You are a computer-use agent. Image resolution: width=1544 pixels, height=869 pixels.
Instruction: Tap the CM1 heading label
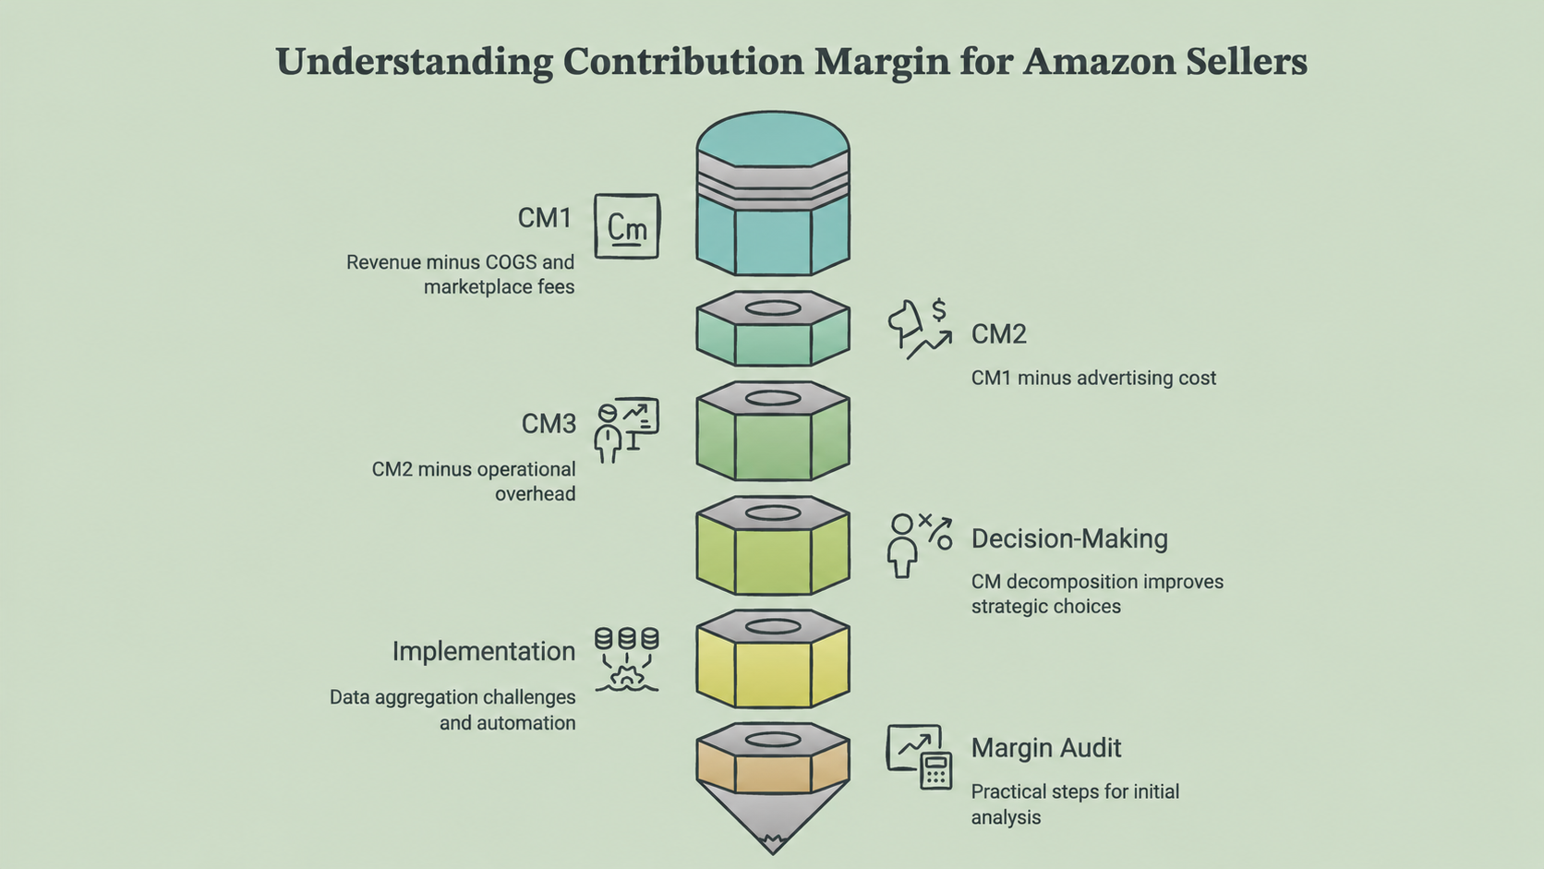[545, 218]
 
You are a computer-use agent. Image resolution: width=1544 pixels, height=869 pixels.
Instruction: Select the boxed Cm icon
[627, 226]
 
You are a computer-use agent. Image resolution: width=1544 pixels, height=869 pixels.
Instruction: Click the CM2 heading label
[999, 334]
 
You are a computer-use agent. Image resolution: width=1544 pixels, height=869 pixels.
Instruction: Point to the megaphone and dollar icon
[920, 329]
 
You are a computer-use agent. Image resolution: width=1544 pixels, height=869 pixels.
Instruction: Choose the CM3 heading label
[548, 424]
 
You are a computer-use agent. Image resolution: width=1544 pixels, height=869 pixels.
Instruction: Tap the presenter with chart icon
[627, 430]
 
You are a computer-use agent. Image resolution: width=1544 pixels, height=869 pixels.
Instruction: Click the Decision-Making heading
[1069, 539]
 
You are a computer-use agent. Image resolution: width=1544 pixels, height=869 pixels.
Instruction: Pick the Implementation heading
[483, 651]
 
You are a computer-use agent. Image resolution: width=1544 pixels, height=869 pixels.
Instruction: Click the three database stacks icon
[627, 658]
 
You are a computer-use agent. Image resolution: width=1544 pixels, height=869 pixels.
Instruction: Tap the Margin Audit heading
[1046, 748]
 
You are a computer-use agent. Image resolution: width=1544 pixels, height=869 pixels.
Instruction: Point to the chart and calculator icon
[920, 756]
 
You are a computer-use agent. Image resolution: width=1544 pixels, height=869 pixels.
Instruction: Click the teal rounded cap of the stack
[773, 139]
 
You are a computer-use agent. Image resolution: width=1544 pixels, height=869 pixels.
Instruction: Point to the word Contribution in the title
[683, 61]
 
